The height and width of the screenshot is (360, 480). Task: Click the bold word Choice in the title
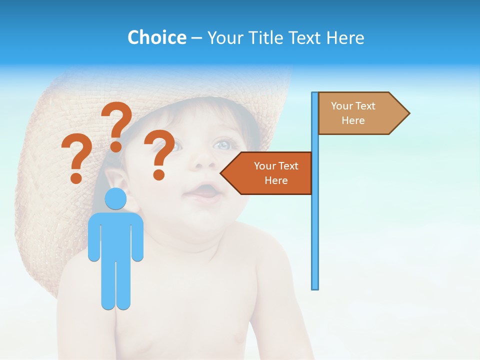point(156,37)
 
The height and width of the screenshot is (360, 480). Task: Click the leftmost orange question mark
point(76,157)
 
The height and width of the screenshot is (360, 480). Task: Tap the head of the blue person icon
point(115,199)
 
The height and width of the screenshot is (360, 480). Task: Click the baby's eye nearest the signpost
point(223,144)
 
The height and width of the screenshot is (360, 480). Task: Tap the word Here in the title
point(345,37)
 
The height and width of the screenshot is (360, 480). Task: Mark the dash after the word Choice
point(196,38)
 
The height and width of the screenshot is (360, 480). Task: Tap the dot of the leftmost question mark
point(76,178)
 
